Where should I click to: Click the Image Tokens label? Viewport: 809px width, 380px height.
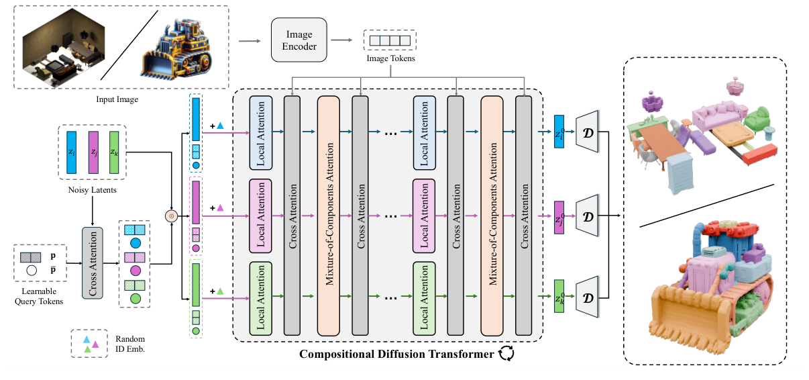[x=390, y=59]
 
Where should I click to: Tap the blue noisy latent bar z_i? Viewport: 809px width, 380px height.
[x=72, y=153]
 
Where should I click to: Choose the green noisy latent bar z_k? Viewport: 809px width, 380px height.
[x=114, y=153]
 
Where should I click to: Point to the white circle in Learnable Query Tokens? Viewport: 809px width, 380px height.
[x=31, y=271]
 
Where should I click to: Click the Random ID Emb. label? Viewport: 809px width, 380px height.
[x=129, y=343]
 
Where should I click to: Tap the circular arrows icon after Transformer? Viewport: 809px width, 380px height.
[x=506, y=353]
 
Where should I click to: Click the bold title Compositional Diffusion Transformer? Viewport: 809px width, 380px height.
[x=396, y=353]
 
